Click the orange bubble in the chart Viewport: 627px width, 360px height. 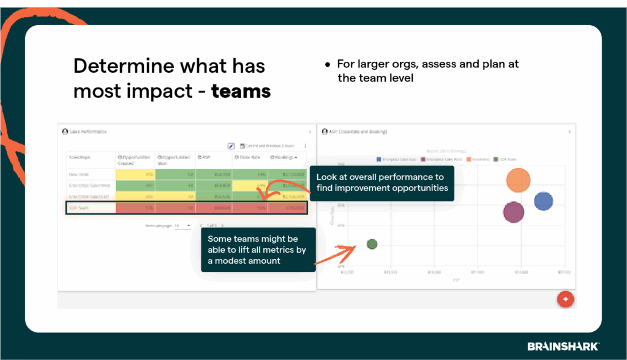click(518, 180)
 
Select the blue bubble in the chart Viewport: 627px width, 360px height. click(543, 201)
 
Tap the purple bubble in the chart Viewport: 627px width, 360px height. click(514, 212)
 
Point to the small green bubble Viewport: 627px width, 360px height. click(372, 244)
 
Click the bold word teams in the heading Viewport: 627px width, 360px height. click(241, 91)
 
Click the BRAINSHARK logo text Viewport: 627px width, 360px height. click(563, 346)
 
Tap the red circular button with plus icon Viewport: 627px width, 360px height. click(565, 299)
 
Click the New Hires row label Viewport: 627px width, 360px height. click(80, 174)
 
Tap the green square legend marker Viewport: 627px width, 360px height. click(495, 159)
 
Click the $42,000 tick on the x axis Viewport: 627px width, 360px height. click(347, 272)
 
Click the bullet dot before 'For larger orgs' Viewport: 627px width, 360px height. click(328, 64)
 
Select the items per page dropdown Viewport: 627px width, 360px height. click(182, 225)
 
